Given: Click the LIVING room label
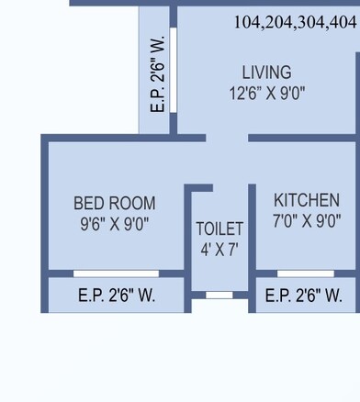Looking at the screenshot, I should coord(266,73).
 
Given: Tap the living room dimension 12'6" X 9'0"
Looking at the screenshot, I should coord(266,93).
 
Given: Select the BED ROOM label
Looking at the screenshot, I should coord(114,203).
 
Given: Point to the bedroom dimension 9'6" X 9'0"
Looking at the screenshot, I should coord(114,223).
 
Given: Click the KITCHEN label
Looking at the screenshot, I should coord(307,200).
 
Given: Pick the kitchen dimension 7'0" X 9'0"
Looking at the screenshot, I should coord(307,220).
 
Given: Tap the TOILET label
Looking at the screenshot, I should coord(219,229).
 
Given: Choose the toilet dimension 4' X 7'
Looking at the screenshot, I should coord(219,249).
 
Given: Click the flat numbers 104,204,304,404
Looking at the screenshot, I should coord(294,23).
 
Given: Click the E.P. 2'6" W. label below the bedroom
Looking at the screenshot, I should coord(116,296).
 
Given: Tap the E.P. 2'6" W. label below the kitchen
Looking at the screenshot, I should coord(303,296).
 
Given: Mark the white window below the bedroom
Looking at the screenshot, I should coord(116,274).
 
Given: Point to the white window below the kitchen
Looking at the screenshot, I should coord(306,274).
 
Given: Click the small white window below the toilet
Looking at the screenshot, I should coord(219,295).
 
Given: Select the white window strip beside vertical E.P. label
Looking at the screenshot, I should coord(173,70).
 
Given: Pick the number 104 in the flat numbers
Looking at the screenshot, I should coord(247,23).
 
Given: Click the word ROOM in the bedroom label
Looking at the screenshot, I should coord(133,203).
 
